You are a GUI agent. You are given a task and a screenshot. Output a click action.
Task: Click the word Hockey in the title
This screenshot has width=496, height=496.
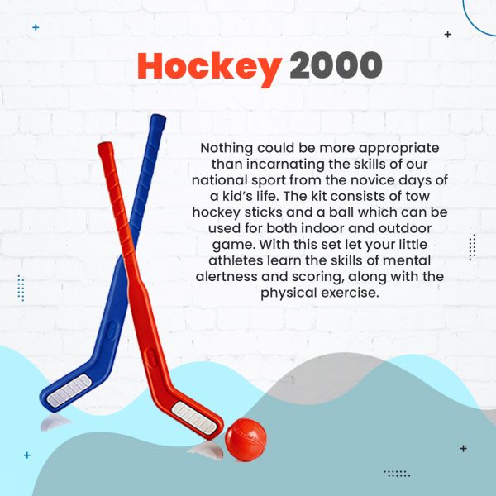pos(209,69)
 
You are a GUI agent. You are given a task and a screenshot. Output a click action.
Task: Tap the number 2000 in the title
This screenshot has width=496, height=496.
pos(336,64)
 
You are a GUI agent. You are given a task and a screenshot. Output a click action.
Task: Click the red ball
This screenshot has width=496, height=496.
pos(246,440)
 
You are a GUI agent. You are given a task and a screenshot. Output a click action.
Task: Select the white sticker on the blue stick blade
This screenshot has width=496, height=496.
pos(69,390)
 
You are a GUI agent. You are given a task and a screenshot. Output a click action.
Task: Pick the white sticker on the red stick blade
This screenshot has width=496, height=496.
pos(194,418)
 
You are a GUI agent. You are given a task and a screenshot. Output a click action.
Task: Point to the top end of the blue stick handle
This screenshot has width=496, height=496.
pos(159,117)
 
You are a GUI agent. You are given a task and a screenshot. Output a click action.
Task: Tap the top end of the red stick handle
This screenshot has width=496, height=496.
pos(105,145)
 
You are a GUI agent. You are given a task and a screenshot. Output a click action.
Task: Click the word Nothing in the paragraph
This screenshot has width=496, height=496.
pos(227,148)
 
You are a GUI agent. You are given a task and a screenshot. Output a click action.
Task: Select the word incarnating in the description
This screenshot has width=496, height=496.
pos(285,165)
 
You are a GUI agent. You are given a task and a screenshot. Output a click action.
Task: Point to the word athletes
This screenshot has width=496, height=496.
pos(236,260)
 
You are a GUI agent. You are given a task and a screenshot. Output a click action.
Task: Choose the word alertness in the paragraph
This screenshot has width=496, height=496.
pos(227,276)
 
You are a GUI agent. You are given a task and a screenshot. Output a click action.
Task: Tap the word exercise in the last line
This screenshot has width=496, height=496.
pos(350,293)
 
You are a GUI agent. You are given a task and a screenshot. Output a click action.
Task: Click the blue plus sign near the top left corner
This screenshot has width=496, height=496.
pos(36,27)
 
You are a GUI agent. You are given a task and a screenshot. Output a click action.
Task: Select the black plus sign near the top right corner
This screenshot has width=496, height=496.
pos(447,34)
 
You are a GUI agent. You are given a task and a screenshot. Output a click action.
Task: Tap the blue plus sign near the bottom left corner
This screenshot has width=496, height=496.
pos(27,455)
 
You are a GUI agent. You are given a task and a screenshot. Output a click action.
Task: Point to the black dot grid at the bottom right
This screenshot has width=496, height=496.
pos(397,474)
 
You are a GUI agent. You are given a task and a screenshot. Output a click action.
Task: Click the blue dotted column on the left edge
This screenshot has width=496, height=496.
pos(21,289)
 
